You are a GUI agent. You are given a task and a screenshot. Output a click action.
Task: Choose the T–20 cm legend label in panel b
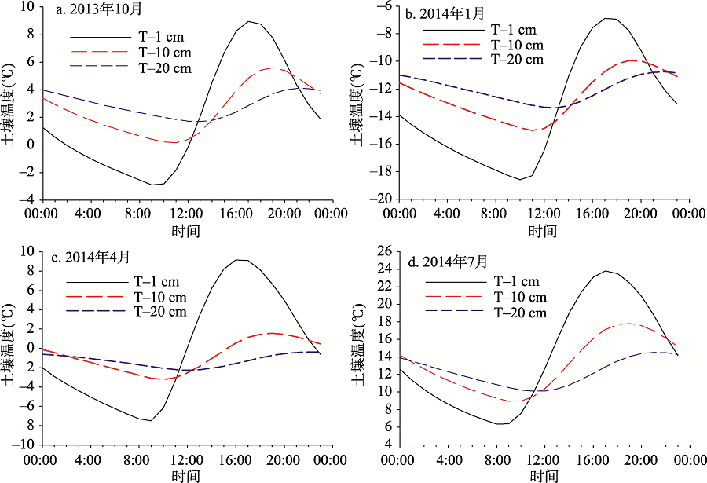point(516,59)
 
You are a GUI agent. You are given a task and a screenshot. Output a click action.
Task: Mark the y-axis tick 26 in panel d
point(385,252)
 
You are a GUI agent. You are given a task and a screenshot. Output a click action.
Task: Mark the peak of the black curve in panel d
point(606,271)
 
